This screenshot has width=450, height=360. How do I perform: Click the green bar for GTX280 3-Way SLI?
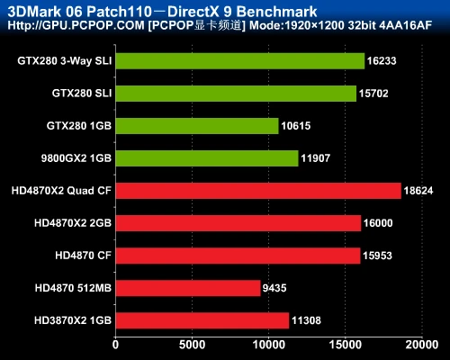[x=239, y=61]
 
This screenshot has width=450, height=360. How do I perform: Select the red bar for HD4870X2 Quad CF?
[x=257, y=191]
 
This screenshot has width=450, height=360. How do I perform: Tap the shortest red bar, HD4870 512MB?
[x=187, y=288]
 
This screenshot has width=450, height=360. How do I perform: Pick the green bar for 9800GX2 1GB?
[x=206, y=158]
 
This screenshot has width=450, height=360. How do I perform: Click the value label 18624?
[x=421, y=191]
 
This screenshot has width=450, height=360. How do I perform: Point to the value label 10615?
[x=299, y=126]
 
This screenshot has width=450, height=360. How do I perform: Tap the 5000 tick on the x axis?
[x=192, y=343]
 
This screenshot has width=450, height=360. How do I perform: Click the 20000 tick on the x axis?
[x=421, y=343]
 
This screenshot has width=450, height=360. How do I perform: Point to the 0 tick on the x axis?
[x=115, y=343]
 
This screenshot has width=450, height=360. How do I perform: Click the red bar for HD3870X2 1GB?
[x=202, y=320]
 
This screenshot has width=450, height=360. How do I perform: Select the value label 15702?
[x=377, y=94]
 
